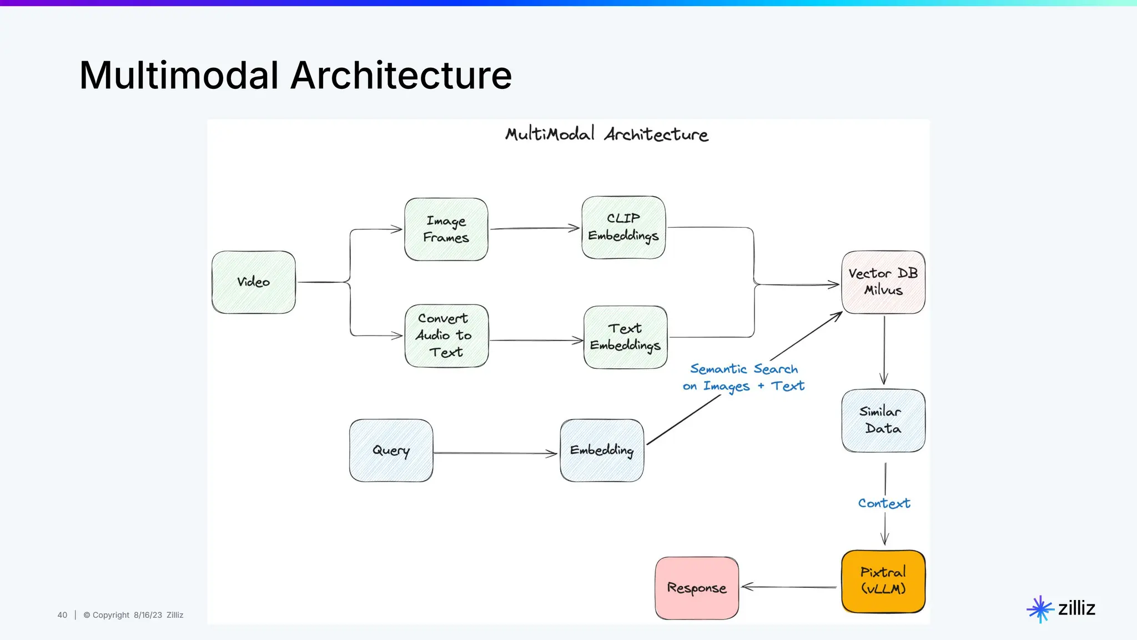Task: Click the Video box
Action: (x=254, y=282)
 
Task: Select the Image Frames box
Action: (x=446, y=229)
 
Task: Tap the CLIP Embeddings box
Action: (x=623, y=227)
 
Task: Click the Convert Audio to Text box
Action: (x=446, y=336)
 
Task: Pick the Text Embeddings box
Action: (x=626, y=337)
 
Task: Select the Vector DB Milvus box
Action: (x=883, y=282)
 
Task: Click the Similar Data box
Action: (x=883, y=421)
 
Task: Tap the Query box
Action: (x=391, y=451)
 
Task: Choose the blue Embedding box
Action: (x=602, y=451)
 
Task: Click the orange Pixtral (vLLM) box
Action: (x=883, y=581)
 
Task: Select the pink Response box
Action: (x=697, y=588)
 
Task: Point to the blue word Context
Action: (x=884, y=503)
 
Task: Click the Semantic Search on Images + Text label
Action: (x=744, y=378)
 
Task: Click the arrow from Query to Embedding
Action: (x=494, y=453)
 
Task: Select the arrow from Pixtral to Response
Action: (x=788, y=587)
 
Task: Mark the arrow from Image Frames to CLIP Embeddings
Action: (x=534, y=228)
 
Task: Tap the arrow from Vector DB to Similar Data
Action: (x=884, y=350)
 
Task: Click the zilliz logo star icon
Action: (x=1040, y=609)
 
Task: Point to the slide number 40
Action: (x=62, y=615)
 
